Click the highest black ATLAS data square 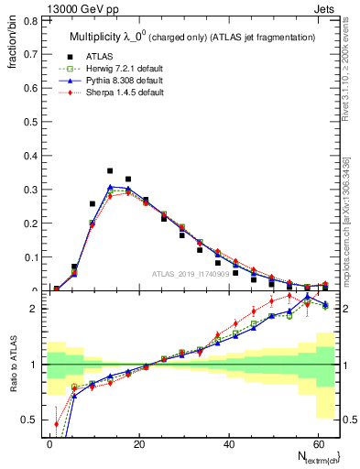(110, 171)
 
